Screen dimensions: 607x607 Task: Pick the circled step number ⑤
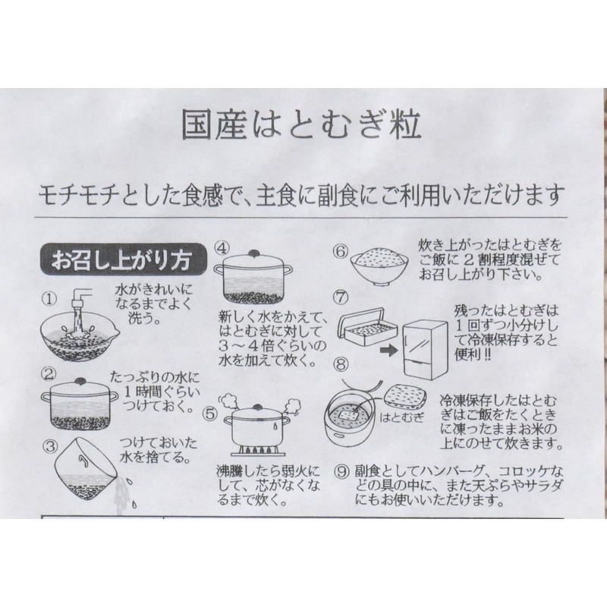click(x=211, y=415)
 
